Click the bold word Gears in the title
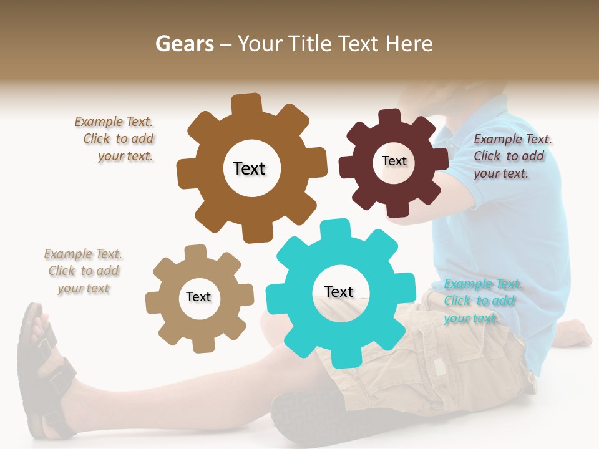184,44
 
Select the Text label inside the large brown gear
249,168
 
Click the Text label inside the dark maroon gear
394,161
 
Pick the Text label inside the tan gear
198,297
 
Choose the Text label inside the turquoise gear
339,291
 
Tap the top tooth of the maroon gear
389,117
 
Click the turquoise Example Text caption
482,301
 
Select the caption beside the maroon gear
512,156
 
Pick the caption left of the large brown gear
116,139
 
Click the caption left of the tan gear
83,271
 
